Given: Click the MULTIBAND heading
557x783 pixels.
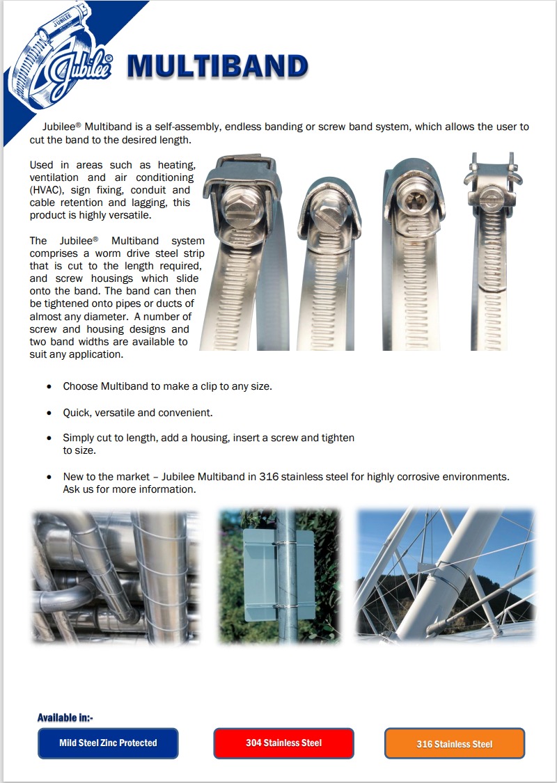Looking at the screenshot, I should pyautogui.click(x=217, y=68).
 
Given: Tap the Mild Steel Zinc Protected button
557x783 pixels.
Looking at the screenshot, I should pyautogui.click(x=108, y=743).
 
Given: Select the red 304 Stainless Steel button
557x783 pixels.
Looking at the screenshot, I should pyautogui.click(x=283, y=743).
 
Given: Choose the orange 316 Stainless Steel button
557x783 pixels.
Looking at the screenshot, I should pyautogui.click(x=454, y=743).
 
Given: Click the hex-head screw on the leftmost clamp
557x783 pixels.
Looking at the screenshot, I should pyautogui.click(x=241, y=206).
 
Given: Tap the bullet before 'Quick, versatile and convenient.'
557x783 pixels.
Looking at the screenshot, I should pyautogui.click(x=49, y=413).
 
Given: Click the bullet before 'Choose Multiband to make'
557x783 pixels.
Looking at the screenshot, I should pyautogui.click(x=49, y=386).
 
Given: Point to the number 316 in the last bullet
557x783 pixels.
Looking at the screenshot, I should pyautogui.click(x=268, y=477).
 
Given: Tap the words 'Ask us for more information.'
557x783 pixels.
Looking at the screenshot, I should pyautogui.click(x=130, y=489).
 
